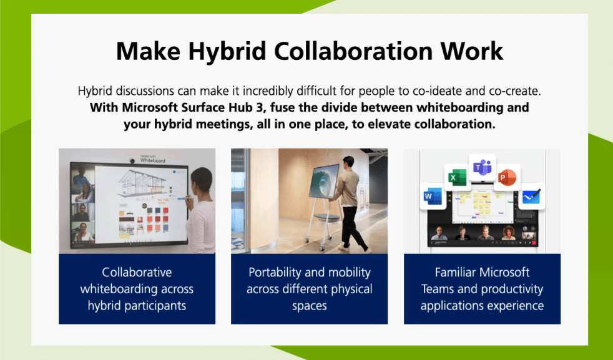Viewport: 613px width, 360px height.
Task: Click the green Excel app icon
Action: coord(455,178)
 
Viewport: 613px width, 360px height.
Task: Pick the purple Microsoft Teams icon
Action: coord(482,167)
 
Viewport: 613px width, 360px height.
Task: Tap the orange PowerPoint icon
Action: coord(507,178)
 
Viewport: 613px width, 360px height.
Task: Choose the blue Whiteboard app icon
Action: coord(532,197)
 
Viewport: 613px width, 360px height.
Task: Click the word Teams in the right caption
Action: coord(436,289)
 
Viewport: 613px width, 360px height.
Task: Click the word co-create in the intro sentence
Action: coord(500,90)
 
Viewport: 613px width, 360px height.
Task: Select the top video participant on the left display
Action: coord(81,179)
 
